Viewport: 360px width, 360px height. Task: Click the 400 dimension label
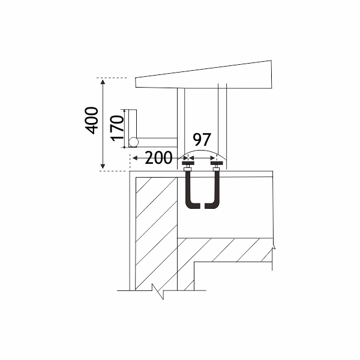[x=92, y=120]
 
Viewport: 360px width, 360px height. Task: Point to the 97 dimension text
[x=201, y=140]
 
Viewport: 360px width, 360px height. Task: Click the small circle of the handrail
[x=133, y=142]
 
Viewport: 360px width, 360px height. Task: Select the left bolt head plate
[x=188, y=163]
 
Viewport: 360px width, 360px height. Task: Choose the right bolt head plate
[x=216, y=163]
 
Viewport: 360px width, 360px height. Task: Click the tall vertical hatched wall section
[x=155, y=234]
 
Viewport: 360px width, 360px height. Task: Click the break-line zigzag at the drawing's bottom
[x=160, y=292]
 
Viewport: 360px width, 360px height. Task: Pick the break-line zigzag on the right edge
[x=274, y=246]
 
